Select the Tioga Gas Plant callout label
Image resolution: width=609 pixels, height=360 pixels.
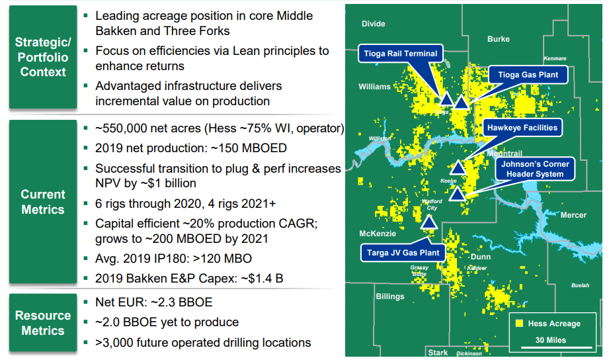click(528, 75)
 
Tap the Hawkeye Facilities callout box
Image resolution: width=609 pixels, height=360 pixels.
click(522, 127)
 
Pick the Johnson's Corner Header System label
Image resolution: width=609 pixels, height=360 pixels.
click(534, 169)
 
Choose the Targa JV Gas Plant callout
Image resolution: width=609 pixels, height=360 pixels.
click(403, 253)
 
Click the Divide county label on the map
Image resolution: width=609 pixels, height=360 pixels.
click(373, 24)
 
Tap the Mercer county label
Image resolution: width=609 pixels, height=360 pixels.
click(573, 215)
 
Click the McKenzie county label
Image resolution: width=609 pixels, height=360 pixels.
click(378, 234)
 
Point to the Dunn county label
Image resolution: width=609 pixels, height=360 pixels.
click(480, 256)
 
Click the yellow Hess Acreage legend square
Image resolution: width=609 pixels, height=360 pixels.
click(519, 324)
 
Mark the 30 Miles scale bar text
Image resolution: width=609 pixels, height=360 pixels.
click(550, 340)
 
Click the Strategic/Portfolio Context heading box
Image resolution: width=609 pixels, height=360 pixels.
click(42, 57)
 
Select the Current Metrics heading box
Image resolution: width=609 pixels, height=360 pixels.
click(42, 202)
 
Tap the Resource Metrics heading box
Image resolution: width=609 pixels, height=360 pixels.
click(42, 323)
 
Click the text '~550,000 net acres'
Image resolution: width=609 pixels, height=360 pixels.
click(142, 128)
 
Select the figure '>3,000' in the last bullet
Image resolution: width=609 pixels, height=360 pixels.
click(114, 343)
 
